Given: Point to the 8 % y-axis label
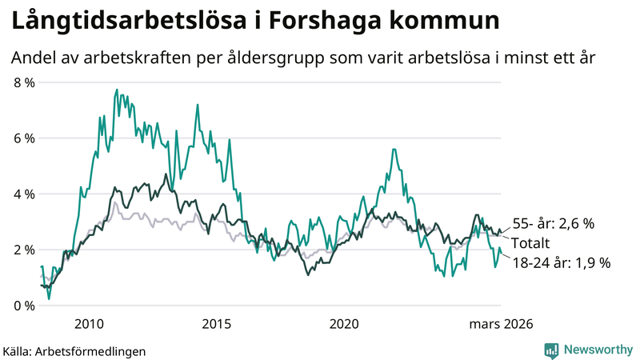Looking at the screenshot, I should [x=24, y=82].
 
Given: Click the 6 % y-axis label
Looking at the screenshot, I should [x=24, y=138].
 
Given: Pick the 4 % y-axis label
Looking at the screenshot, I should [x=24, y=194].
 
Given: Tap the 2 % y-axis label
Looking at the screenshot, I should [x=24, y=250].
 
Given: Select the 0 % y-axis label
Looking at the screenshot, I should [x=24, y=306].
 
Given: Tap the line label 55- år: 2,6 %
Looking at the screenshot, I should [x=552, y=225].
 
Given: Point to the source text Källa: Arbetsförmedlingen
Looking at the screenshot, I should [x=74, y=350].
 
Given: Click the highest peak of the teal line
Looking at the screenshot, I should [x=117, y=90].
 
